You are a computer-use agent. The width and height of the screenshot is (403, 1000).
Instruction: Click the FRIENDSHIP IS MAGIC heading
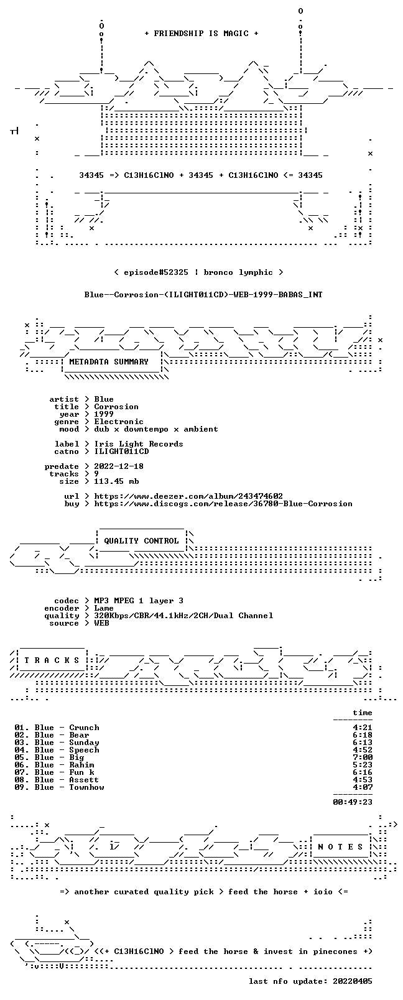[x=201, y=34]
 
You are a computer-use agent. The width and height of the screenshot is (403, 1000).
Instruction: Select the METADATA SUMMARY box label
[x=109, y=361]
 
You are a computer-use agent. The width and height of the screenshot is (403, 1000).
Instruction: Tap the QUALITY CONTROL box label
[x=141, y=540]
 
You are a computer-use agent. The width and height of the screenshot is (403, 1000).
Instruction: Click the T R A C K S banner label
[x=52, y=660]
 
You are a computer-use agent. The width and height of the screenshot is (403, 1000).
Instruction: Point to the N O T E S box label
[x=341, y=847]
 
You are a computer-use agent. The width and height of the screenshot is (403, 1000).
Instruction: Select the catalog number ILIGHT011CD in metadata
[x=121, y=451]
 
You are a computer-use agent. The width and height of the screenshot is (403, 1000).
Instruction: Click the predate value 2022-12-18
[x=119, y=466]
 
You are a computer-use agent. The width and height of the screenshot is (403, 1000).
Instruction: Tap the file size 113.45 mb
[x=116, y=481]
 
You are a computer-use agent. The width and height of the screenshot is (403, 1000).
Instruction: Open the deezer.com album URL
[x=188, y=496]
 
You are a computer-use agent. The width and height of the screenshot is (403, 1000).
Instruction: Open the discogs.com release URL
[x=223, y=504]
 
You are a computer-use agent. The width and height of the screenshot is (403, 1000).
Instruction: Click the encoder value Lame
[x=104, y=608]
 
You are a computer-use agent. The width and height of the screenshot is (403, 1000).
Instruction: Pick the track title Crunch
[x=85, y=728]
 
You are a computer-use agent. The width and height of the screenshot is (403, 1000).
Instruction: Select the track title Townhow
[x=86, y=787]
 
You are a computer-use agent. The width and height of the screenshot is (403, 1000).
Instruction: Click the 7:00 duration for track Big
[x=363, y=757]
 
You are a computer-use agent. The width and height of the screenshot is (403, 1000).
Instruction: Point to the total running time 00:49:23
[x=353, y=802]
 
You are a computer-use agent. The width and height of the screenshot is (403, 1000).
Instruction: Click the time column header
[x=363, y=713]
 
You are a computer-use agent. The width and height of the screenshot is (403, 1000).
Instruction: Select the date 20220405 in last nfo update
[x=353, y=981]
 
